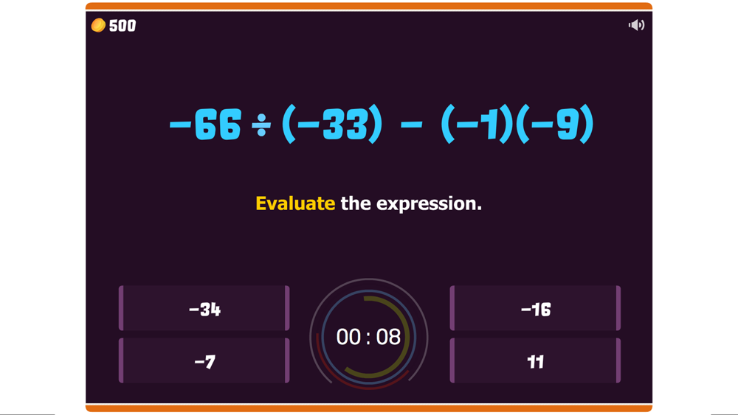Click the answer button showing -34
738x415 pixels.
pyautogui.click(x=204, y=308)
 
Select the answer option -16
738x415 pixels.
pyautogui.click(x=535, y=308)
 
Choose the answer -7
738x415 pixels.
pyautogui.click(x=204, y=360)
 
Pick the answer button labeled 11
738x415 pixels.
pyautogui.click(x=535, y=360)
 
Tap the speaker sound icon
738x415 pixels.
pyautogui.click(x=636, y=25)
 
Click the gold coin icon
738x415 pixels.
pyautogui.click(x=98, y=25)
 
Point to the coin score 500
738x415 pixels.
pyautogui.click(x=123, y=25)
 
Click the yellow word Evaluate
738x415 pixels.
pyautogui.click(x=295, y=203)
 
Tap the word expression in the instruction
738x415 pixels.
pyautogui.click(x=429, y=204)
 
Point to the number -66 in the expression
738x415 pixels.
pyautogui.click(x=205, y=124)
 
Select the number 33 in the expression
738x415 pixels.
pyautogui.click(x=345, y=124)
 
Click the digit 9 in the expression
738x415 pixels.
pyautogui.click(x=567, y=124)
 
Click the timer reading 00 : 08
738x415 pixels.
pyautogui.click(x=368, y=337)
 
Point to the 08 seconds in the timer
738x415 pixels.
pyautogui.click(x=388, y=337)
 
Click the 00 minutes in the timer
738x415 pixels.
pyautogui.click(x=348, y=337)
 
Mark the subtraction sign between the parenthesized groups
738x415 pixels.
pyautogui.click(x=411, y=125)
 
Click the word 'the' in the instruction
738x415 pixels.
pyautogui.click(x=356, y=203)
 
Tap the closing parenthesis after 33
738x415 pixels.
pyautogui.click(x=375, y=124)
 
